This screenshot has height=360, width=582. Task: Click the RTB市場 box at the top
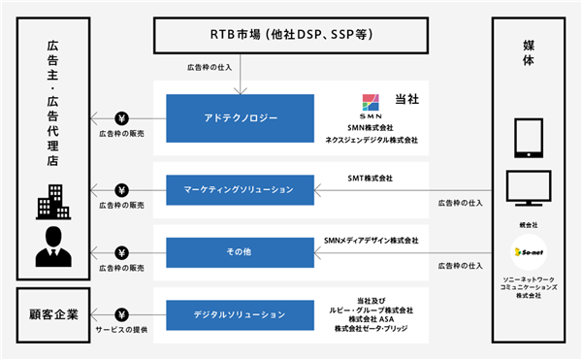[x=291, y=35]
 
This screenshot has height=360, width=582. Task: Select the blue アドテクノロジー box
[x=241, y=118]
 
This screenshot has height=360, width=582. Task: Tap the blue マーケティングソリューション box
[x=241, y=190]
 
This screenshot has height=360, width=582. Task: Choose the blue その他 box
[x=241, y=252]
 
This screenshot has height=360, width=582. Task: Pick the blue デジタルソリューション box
[x=241, y=315]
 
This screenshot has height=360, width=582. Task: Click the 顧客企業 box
[x=53, y=315]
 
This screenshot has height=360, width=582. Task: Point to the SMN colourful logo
[x=371, y=103]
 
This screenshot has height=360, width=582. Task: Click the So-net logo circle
[x=529, y=252]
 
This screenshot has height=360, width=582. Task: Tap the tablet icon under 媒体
[x=529, y=138]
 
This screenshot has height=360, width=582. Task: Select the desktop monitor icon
[x=529, y=188]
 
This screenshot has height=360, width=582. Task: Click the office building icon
[x=53, y=202]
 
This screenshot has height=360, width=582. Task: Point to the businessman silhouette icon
[x=53, y=246]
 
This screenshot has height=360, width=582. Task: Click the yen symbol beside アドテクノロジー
[x=122, y=118]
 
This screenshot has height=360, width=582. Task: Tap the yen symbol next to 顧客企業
[x=122, y=315]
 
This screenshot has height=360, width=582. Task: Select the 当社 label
[x=407, y=99]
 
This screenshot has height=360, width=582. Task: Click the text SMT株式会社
[x=371, y=179]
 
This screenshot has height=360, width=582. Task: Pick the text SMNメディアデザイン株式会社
[x=372, y=241]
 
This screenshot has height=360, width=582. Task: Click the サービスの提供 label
[x=121, y=330]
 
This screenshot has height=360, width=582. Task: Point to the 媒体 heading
[x=529, y=53]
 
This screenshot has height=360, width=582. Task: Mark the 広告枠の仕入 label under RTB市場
[x=210, y=68]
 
